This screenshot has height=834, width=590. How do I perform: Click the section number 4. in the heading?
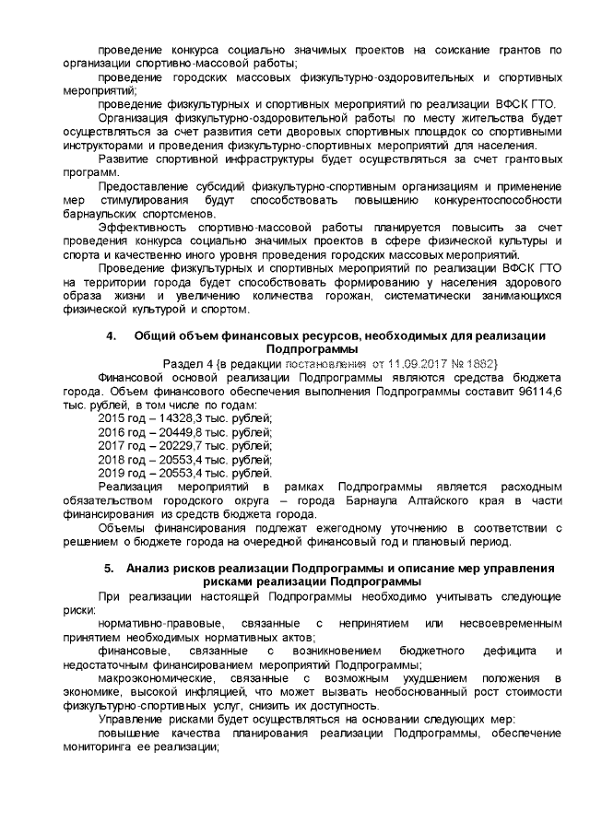tap(112, 337)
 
